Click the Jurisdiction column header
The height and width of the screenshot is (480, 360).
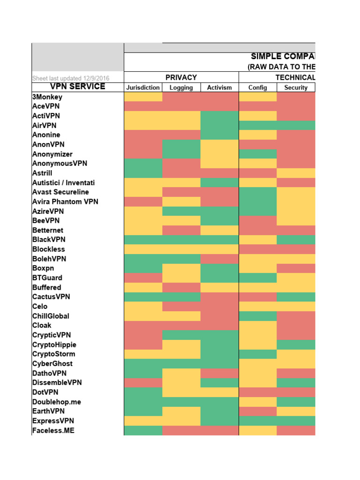click(x=143, y=88)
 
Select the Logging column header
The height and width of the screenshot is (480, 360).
click(x=181, y=88)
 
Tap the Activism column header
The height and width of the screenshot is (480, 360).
click(x=219, y=88)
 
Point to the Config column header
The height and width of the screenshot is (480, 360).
click(x=258, y=88)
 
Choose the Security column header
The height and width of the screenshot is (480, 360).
click(x=296, y=88)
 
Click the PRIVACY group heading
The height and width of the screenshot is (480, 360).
click(x=181, y=77)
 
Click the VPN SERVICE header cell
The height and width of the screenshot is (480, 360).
click(x=78, y=87)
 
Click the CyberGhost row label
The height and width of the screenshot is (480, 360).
click(x=52, y=363)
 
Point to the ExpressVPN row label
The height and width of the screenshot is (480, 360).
click(x=53, y=420)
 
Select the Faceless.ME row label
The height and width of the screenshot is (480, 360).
click(x=53, y=430)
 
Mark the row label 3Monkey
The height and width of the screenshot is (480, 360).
click(x=47, y=97)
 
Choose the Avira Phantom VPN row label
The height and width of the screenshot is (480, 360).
click(x=65, y=202)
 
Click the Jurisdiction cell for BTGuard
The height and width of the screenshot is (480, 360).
click(x=143, y=278)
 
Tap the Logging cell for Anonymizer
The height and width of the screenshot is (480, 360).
click(x=181, y=154)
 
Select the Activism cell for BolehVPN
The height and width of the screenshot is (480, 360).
click(x=219, y=259)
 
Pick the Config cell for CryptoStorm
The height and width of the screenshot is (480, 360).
click(x=258, y=354)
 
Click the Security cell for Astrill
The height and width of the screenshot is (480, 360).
click(x=296, y=173)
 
